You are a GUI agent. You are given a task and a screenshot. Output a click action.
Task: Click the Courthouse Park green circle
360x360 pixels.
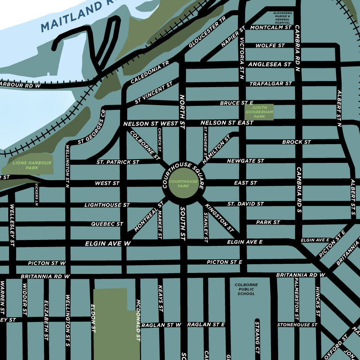tap(183, 184)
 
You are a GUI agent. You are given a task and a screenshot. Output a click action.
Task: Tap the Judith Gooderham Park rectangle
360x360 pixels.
tap(259, 112)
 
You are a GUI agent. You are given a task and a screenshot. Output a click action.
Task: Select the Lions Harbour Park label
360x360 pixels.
tap(27, 165)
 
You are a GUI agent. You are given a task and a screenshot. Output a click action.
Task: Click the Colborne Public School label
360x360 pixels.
tap(246, 289)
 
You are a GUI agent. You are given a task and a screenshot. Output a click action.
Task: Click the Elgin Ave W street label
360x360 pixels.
tap(108, 244)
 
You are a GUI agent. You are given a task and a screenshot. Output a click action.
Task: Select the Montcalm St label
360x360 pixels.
tap(271, 27)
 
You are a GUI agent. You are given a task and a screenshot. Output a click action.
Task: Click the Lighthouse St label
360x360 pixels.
tap(107, 205)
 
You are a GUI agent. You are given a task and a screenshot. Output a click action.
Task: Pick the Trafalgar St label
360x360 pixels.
tap(270, 84)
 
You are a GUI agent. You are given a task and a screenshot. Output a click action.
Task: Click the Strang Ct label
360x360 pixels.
tap(257, 338)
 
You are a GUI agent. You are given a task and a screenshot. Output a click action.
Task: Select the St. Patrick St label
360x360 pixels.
tap(117, 162)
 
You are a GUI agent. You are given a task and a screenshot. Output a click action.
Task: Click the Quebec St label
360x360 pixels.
tap(107, 224)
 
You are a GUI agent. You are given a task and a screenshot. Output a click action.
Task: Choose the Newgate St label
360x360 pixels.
tap(246, 161)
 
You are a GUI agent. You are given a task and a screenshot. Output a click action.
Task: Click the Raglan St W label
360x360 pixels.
tap(161, 325)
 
